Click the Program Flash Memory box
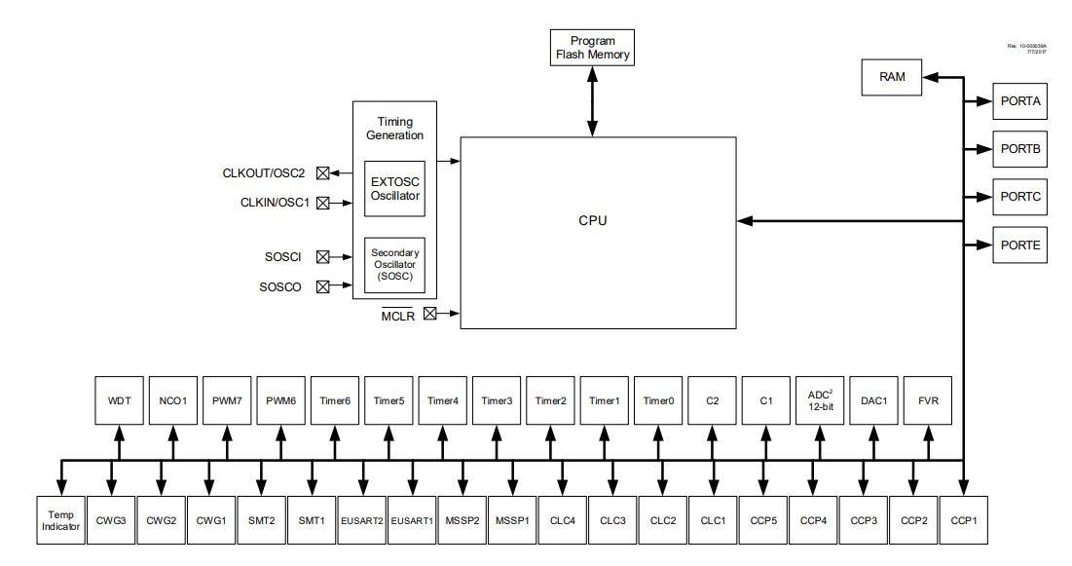click(592, 48)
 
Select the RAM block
click(891, 78)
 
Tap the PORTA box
click(1020, 99)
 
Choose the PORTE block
click(1020, 244)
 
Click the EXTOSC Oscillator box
click(394, 188)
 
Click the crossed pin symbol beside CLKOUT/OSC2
click(322, 173)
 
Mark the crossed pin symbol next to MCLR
click(429, 313)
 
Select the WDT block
click(119, 400)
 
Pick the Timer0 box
click(659, 400)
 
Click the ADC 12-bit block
click(821, 400)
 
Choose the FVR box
click(929, 400)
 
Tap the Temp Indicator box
click(60, 520)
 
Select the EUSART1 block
click(412, 520)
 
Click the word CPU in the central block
click(592, 220)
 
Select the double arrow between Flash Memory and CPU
click(592, 101)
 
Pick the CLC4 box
click(562, 520)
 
